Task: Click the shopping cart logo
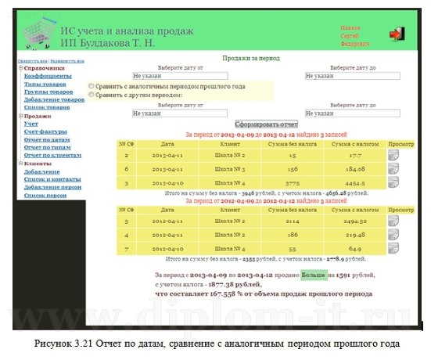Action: (x=36, y=35)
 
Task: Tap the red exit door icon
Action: (x=397, y=34)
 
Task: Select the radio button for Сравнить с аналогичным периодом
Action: (x=92, y=86)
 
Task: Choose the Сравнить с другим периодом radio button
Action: (x=92, y=95)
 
